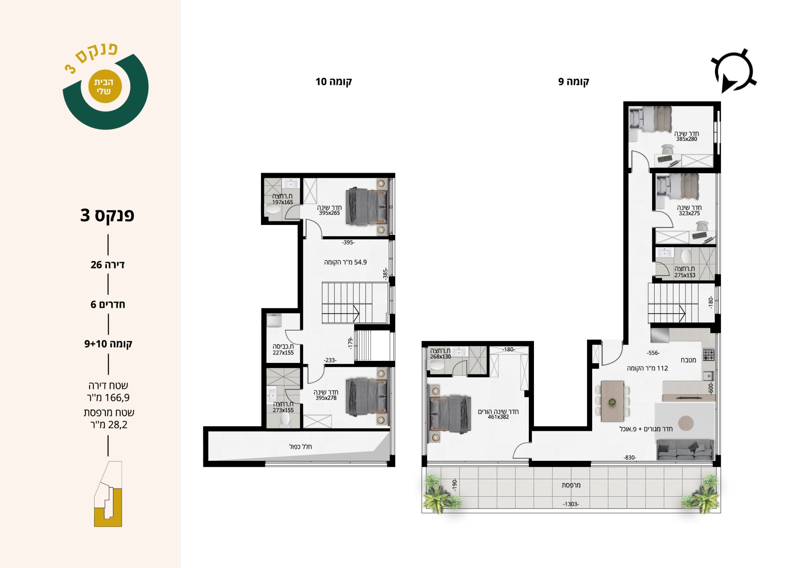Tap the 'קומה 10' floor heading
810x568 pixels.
point(333,82)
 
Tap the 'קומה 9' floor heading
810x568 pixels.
point(573,82)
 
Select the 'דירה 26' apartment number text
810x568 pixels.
point(108,265)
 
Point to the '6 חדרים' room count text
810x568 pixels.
point(108,304)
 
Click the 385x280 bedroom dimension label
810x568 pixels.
point(687,139)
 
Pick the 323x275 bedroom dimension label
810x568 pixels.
point(689,213)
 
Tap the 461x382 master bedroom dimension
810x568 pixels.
point(498,417)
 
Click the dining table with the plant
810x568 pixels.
point(612,401)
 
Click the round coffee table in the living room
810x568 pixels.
point(685,423)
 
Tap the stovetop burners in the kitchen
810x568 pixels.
point(708,355)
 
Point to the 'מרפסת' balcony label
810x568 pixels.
point(571,485)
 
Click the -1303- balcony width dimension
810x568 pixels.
point(571,504)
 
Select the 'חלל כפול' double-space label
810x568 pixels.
point(301,447)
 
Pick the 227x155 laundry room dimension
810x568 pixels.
point(283,353)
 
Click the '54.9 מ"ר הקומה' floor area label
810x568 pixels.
point(345,262)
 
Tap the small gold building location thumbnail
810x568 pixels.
point(108,494)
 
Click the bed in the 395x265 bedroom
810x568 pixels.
point(367,206)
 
